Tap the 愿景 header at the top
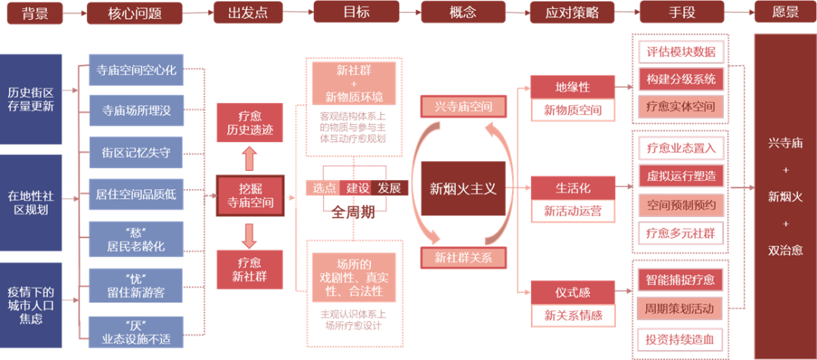click(786, 13)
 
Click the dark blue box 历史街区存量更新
click(31, 99)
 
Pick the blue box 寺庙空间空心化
click(136, 71)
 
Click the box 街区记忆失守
click(136, 153)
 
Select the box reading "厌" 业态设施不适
click(136, 334)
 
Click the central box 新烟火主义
click(463, 188)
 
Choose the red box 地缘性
click(573, 87)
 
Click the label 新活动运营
click(573, 212)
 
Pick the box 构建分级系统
click(681, 79)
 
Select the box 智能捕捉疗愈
click(681, 280)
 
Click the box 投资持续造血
click(681, 337)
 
